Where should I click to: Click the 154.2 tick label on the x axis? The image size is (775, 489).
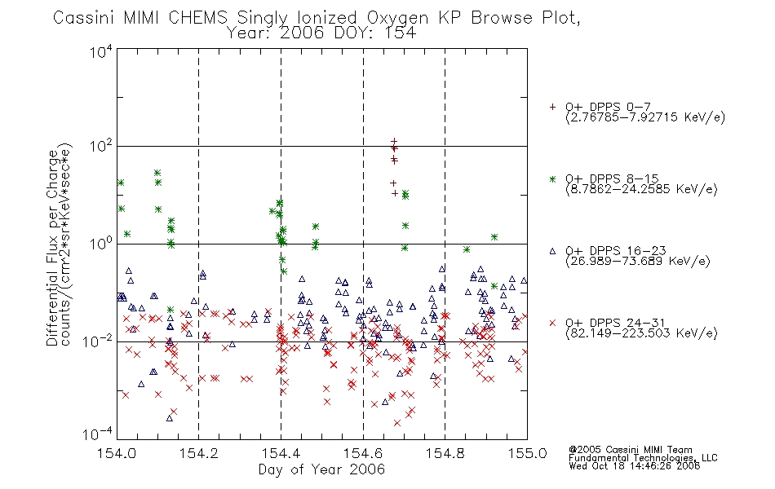(199, 453)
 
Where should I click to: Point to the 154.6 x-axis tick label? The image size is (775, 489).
(363, 453)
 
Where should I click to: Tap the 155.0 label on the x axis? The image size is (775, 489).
(527, 453)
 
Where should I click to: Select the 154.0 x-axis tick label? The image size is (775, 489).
(117, 453)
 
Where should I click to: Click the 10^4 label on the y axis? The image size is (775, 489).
(101, 51)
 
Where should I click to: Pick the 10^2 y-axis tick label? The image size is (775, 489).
(101, 146)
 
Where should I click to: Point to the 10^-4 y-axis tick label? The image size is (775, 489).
(98, 434)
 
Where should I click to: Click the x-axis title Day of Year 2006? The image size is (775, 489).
(321, 469)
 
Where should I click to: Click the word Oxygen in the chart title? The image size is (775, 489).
(397, 18)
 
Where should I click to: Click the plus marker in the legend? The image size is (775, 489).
(552, 107)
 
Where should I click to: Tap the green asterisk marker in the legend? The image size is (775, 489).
(552, 178)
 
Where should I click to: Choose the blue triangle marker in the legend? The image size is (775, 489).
(552, 251)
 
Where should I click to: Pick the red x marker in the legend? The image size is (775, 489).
(552, 323)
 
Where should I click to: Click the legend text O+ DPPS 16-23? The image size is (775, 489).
(616, 251)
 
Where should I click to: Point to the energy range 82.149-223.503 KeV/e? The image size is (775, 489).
(641, 333)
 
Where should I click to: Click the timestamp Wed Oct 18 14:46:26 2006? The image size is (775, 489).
(634, 466)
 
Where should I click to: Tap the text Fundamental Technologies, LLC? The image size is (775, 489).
(643, 458)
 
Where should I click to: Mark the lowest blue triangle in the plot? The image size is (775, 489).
(170, 418)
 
